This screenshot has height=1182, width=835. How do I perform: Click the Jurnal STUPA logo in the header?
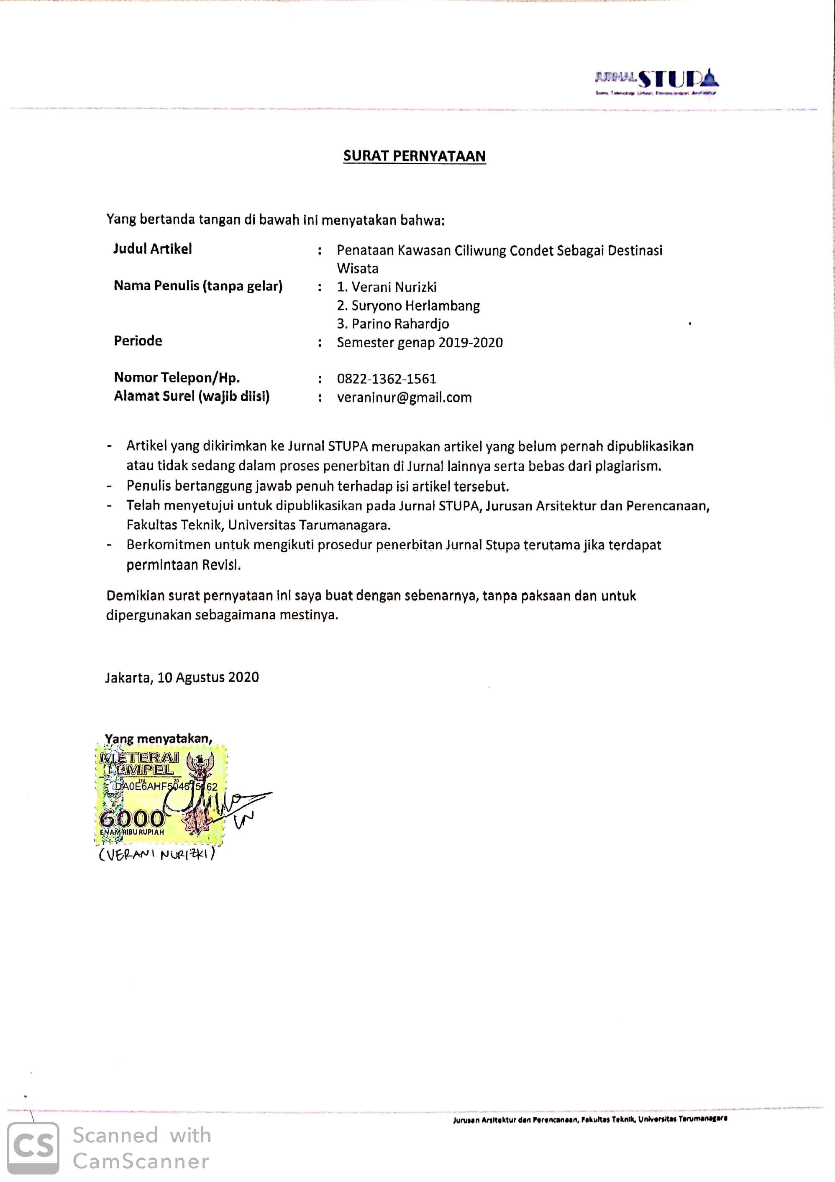[x=656, y=81]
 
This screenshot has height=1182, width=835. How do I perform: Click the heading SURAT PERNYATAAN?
[x=414, y=156]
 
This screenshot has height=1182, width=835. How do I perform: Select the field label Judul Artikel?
[x=152, y=249]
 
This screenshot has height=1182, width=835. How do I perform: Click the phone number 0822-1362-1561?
[x=387, y=379]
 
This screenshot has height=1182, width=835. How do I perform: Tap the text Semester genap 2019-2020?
[x=419, y=342]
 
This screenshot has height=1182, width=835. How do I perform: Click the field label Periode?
[x=138, y=341]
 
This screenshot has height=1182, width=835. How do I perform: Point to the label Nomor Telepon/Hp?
[x=177, y=377]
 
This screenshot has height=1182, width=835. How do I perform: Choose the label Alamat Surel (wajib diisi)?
[x=192, y=396]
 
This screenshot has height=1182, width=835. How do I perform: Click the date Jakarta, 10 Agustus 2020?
[x=182, y=677]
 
